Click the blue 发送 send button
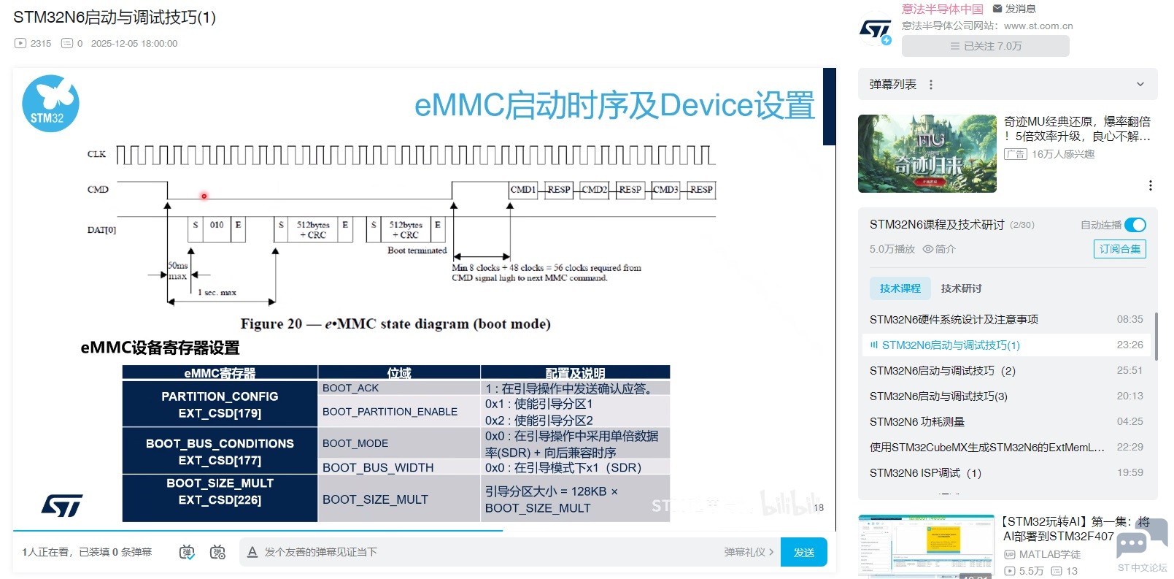coord(803,552)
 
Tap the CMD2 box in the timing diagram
coord(594,190)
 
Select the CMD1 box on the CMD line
coord(522,190)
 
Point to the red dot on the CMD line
coord(204,196)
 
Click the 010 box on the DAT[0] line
coord(217,225)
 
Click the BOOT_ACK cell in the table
coord(351,388)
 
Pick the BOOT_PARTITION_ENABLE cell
coord(390,412)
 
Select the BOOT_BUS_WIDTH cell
coord(378,467)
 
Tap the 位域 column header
coord(399,373)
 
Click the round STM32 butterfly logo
coord(50,104)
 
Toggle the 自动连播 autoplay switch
coord(1135,225)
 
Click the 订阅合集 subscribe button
coord(1119,249)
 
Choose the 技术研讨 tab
coord(961,288)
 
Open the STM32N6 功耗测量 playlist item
coord(917,421)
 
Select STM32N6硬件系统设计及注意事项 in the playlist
coord(954,319)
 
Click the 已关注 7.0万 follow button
coord(985,46)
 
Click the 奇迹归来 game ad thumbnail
coord(927,153)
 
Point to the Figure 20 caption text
coord(395,323)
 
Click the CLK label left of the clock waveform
coord(96,154)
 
